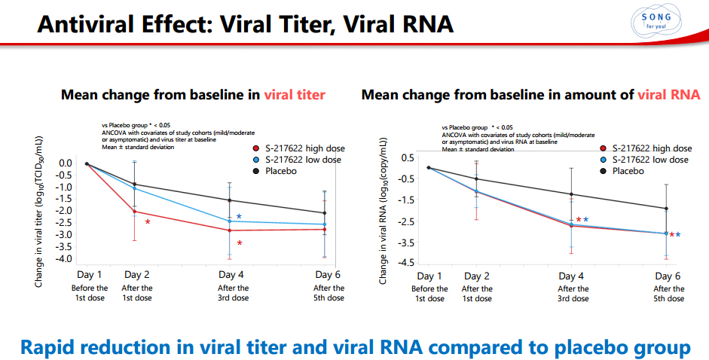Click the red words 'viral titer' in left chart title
pyautogui.click(x=295, y=95)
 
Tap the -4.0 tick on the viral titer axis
pyautogui.click(x=65, y=258)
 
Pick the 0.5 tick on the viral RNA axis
pyautogui.click(x=408, y=157)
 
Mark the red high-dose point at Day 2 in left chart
pyautogui.click(x=135, y=212)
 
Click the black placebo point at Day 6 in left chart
pyautogui.click(x=324, y=213)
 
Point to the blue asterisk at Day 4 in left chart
pyautogui.click(x=239, y=217)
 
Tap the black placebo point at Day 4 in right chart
pyautogui.click(x=571, y=194)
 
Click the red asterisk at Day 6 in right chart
pyautogui.click(x=671, y=235)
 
